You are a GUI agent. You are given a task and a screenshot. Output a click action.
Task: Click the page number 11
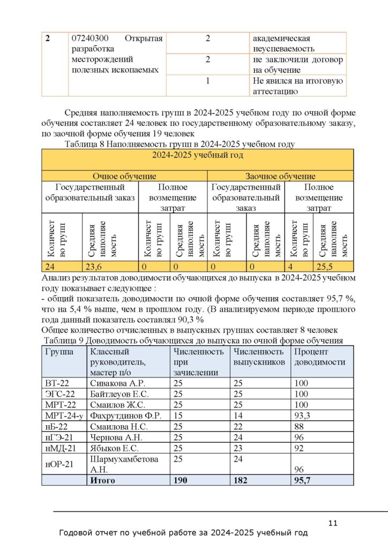332,523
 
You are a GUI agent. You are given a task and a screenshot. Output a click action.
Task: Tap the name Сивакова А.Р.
118,383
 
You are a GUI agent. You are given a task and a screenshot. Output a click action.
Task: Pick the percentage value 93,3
303,416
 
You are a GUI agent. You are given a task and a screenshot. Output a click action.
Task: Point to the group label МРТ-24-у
62,416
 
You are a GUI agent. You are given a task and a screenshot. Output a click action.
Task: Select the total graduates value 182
242,480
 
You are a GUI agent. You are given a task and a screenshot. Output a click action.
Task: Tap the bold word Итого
103,480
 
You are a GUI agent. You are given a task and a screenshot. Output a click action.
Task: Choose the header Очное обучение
124,176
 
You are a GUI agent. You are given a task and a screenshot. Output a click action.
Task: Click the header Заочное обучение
280,176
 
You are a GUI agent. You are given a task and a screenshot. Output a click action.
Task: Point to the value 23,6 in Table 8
92,266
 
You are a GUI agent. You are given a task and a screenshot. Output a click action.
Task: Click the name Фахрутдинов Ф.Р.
126,416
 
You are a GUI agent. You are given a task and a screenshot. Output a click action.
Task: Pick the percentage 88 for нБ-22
299,426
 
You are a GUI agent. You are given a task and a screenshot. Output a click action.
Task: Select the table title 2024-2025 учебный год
198,155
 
